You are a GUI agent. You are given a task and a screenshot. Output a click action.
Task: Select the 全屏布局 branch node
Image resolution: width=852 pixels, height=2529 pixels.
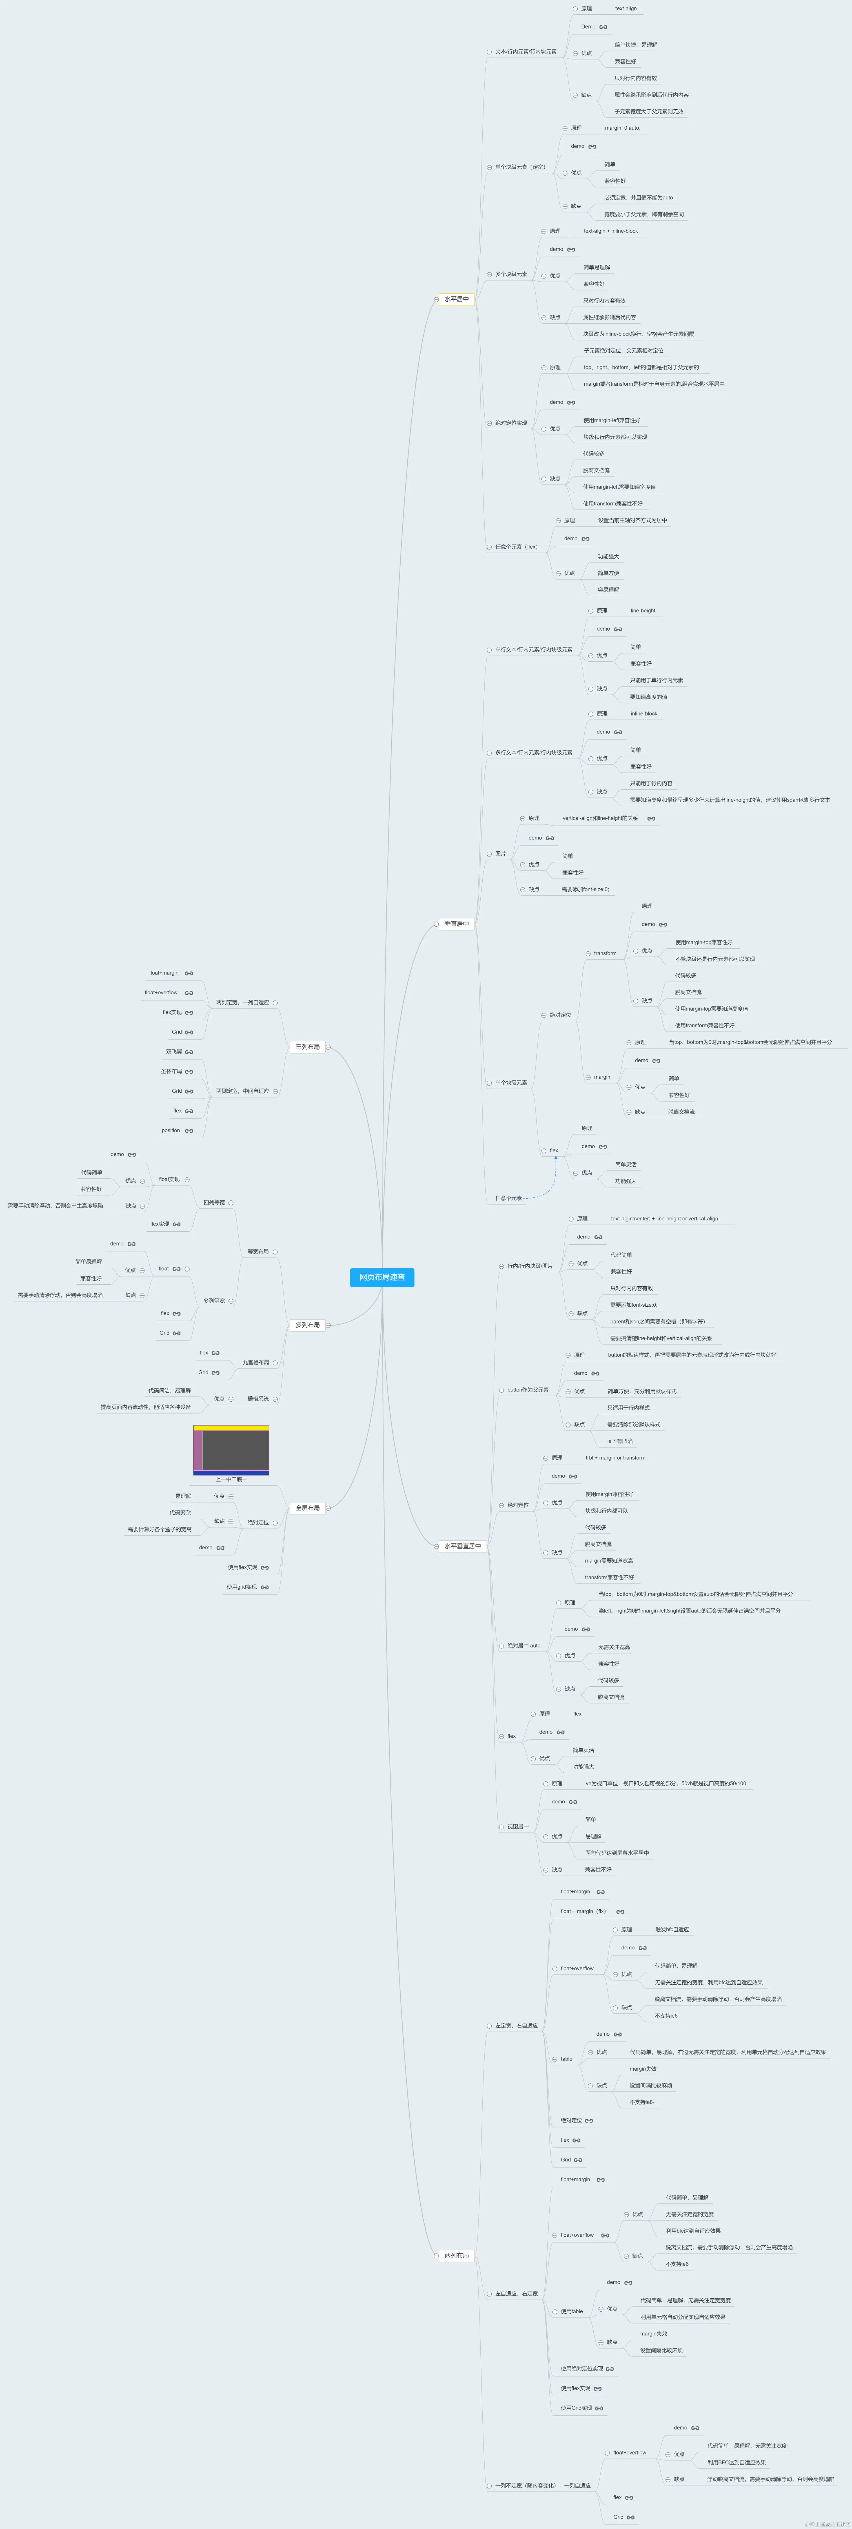coord(307,1508)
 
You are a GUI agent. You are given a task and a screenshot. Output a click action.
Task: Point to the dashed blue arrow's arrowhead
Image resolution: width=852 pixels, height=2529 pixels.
coord(556,1158)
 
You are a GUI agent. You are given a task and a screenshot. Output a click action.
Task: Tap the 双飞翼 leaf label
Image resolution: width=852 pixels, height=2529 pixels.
coord(174,1052)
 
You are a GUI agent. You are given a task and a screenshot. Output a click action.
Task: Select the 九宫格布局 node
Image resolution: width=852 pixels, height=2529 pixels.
coord(255,1363)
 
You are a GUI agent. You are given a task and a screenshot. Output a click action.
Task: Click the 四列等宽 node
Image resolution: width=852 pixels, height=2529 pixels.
coord(214,1203)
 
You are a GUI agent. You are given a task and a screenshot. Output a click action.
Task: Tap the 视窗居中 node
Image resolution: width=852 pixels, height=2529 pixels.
coord(518,1827)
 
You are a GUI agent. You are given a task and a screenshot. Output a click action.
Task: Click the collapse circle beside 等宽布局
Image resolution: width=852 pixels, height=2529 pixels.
coord(276,1252)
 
